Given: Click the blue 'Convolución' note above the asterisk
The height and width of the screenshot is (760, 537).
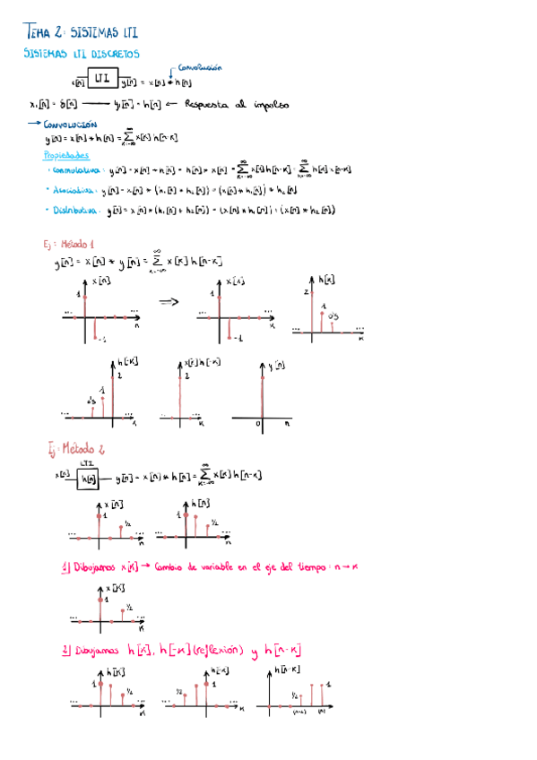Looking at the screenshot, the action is [200, 67].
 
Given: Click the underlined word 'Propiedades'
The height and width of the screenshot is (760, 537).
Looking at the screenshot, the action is [68, 153].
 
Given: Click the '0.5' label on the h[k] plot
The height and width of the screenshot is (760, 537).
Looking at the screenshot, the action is [333, 315].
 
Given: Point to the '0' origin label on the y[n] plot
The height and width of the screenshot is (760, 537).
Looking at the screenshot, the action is [258, 423].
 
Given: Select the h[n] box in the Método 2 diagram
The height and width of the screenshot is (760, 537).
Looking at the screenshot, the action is [88, 478].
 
